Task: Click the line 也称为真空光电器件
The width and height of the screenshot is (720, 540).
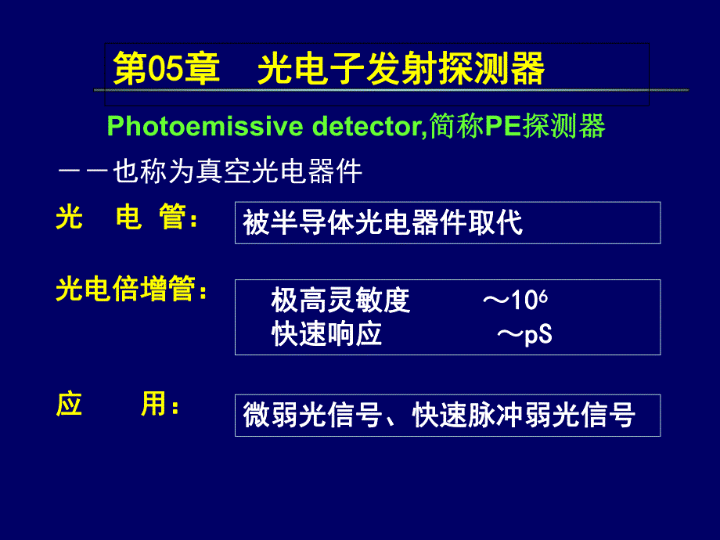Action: click(x=238, y=172)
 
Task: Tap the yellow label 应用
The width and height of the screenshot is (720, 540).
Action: click(x=117, y=405)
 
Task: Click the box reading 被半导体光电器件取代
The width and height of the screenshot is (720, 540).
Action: click(x=447, y=223)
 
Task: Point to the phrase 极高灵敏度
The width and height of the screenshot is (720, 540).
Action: click(x=340, y=301)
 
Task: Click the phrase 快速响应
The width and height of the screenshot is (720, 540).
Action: click(x=326, y=335)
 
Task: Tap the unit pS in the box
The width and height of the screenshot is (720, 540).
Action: click(x=538, y=336)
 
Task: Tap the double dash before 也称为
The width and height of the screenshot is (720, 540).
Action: click(x=82, y=172)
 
